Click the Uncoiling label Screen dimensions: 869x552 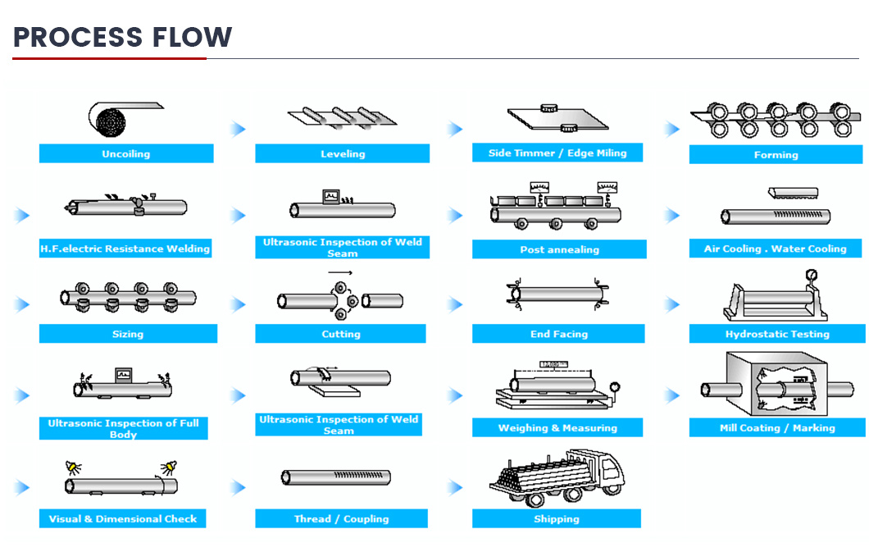point(125,153)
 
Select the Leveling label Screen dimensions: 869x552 point(343,153)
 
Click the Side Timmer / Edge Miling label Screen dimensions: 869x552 point(557,153)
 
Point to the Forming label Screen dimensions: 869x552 point(776,155)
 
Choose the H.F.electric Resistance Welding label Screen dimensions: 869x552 point(125,249)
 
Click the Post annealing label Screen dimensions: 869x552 point(559,249)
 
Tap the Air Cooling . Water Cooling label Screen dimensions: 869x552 point(776,249)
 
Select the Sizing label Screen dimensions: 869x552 point(128,334)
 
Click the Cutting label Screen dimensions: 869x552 point(341,334)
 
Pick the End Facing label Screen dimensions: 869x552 point(558,334)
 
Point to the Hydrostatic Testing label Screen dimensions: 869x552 point(777,334)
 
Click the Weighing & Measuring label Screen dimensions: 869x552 point(557,427)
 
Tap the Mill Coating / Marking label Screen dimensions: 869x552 point(777,427)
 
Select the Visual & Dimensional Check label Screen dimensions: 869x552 point(122,518)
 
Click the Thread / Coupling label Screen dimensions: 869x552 point(341,518)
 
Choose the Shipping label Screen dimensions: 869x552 point(557,518)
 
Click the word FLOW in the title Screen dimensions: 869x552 point(192,37)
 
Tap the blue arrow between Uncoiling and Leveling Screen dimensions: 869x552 point(239,129)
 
